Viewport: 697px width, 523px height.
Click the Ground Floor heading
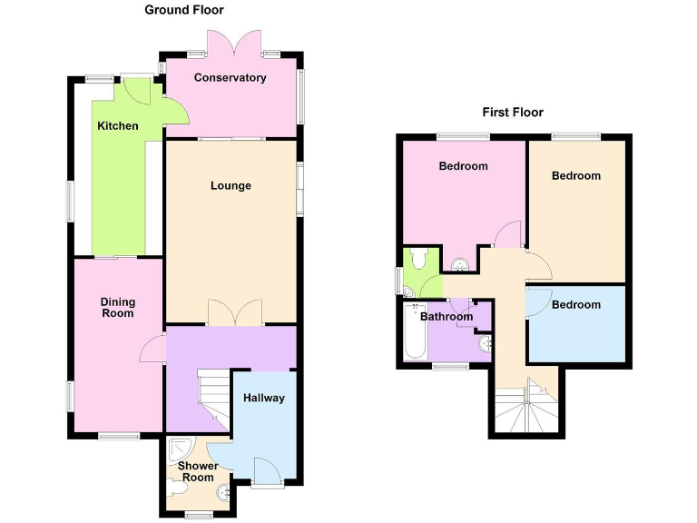[x=184, y=10]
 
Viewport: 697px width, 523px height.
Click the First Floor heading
[x=513, y=113]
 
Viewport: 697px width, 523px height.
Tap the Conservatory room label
[x=231, y=78]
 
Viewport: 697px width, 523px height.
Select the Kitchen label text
[x=118, y=126]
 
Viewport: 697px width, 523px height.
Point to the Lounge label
[x=231, y=186]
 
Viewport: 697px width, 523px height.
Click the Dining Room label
[x=118, y=308]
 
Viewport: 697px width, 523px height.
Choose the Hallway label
[x=264, y=399]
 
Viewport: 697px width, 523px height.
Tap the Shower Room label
[x=198, y=472]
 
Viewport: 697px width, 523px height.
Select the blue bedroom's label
[x=576, y=305]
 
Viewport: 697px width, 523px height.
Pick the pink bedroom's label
[x=463, y=166]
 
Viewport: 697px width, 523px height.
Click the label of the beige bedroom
[x=576, y=176]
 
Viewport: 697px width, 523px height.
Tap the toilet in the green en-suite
[x=417, y=260]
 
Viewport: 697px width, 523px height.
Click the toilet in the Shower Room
[x=178, y=489]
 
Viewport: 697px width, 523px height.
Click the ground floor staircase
[x=214, y=400]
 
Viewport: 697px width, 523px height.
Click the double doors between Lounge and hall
[x=235, y=312]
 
